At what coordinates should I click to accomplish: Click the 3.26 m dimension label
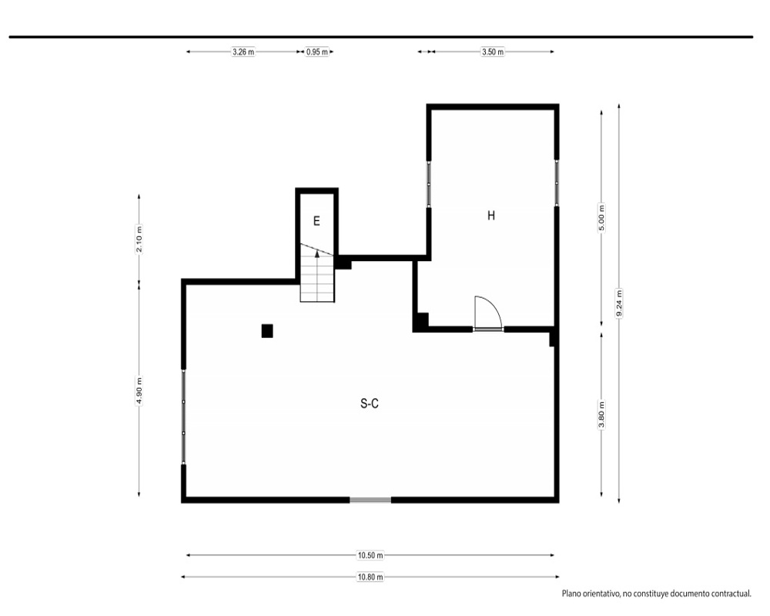tap(243, 52)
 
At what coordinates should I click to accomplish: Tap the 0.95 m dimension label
tap(316, 52)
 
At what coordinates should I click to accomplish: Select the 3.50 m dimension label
tap(493, 52)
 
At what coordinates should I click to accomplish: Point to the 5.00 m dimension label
tap(601, 218)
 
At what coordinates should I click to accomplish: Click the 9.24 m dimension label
tap(619, 303)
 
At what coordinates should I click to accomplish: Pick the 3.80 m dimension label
tap(601, 414)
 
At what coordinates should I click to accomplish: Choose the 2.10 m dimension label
tap(139, 239)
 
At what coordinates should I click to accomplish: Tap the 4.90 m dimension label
tap(139, 390)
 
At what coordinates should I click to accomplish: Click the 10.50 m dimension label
tap(370, 555)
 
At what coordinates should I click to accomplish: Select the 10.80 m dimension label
tap(370, 577)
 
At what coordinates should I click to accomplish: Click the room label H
tap(491, 215)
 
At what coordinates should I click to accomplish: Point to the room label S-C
tap(370, 403)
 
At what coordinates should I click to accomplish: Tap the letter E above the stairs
tap(316, 221)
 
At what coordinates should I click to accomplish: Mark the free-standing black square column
tap(267, 331)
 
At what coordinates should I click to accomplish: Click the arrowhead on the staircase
tap(317, 254)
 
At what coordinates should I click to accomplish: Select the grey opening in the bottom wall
tap(370, 500)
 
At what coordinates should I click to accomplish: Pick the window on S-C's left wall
tap(184, 417)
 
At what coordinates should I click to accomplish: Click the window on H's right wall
tap(557, 183)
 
